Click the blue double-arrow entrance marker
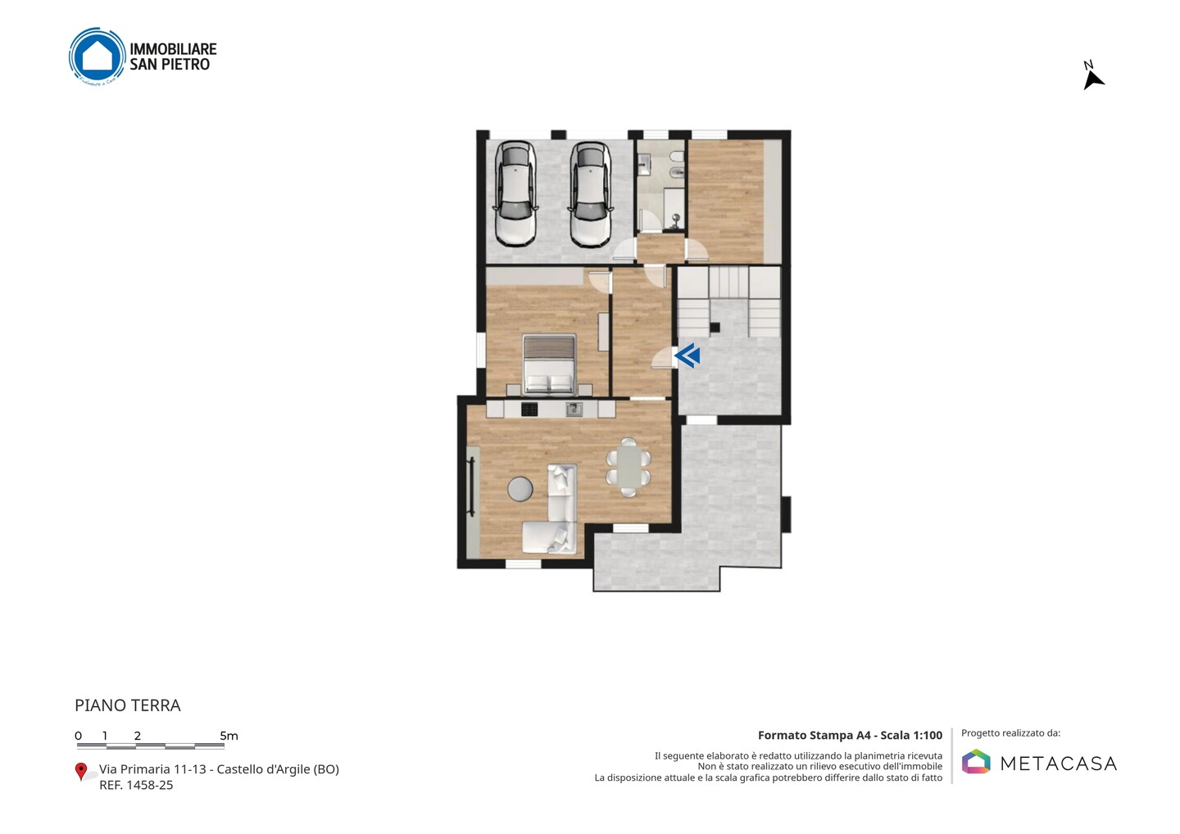[688, 356]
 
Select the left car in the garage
[515, 194]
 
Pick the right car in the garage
[591, 194]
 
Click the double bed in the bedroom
[549, 365]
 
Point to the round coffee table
[520, 489]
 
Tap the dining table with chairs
[629, 467]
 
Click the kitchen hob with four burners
[529, 409]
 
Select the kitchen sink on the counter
[574, 409]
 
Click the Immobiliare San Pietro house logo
[97, 57]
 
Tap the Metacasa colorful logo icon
[976, 761]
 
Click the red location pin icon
[80, 772]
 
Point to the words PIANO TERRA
[128, 705]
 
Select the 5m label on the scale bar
[229, 736]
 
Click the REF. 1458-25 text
[136, 785]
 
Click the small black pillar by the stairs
[715, 328]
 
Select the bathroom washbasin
[644, 165]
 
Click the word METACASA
[1059, 764]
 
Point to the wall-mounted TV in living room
[471, 487]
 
